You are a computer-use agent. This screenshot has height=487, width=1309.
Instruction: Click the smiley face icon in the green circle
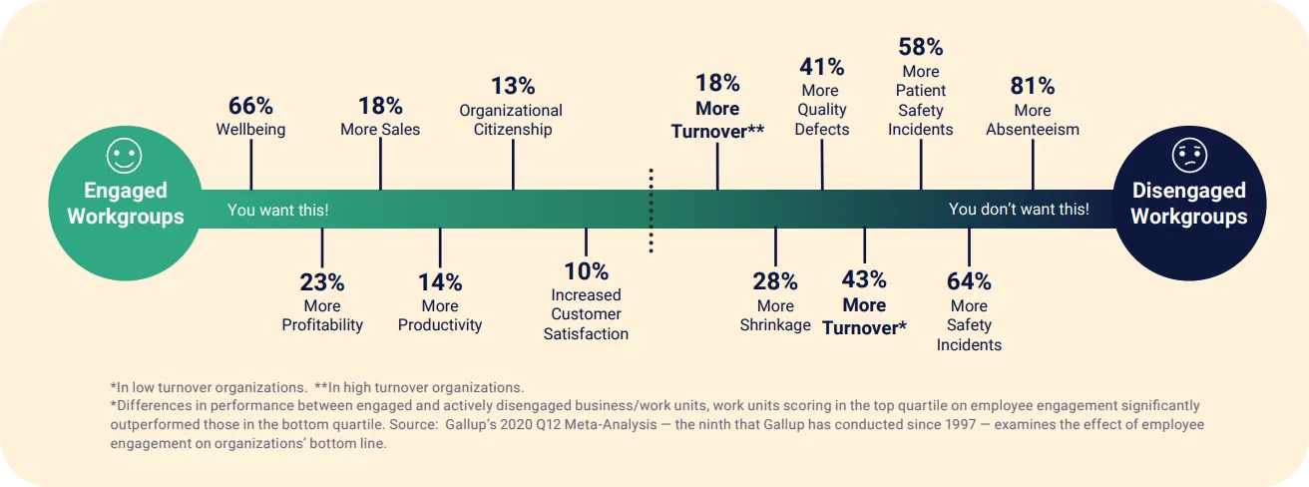(125, 156)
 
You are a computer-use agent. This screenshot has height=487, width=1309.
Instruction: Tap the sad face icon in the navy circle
(1188, 156)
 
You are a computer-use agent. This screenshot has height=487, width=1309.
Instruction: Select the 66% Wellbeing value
(250, 106)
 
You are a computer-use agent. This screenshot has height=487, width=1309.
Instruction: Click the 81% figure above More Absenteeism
(1032, 86)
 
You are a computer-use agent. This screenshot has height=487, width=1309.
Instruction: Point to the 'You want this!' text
(277, 210)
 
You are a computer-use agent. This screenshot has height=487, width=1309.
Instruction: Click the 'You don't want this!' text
(1019, 210)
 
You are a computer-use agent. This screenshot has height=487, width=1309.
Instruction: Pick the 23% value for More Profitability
(321, 282)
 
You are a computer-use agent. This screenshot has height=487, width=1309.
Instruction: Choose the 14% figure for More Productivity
(439, 282)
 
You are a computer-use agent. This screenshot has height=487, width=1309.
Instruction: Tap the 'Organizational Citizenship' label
(511, 120)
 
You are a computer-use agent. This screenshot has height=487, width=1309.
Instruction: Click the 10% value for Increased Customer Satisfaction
(586, 271)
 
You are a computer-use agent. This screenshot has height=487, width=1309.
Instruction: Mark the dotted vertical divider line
(651, 210)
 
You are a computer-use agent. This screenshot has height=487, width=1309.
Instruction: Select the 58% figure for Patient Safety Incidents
(920, 47)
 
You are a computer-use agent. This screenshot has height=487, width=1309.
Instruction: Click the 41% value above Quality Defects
(821, 67)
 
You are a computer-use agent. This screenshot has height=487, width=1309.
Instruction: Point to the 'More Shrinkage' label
(775, 315)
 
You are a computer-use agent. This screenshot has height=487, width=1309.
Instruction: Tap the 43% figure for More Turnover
(863, 279)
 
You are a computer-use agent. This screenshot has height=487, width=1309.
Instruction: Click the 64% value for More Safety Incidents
(968, 281)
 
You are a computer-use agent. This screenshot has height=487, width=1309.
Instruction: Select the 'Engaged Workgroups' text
(125, 204)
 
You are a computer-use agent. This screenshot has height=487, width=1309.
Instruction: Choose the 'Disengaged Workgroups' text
(1188, 204)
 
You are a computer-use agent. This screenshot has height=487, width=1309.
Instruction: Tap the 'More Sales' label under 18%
(380, 130)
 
